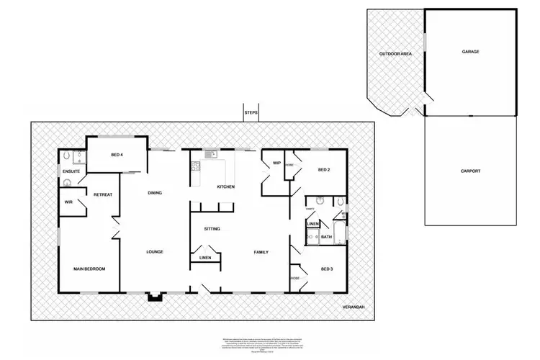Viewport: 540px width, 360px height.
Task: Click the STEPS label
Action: coord(251,113)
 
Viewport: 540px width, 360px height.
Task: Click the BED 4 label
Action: coord(117,155)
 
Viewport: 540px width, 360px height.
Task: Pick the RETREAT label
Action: coord(102,195)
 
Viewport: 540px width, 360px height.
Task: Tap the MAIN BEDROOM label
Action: coord(90,269)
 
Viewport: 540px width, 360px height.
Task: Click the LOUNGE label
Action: coord(154,251)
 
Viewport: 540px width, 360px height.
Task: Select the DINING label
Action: coord(154,192)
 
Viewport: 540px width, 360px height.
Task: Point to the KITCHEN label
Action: coord(227,187)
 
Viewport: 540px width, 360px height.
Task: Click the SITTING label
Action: coord(212,229)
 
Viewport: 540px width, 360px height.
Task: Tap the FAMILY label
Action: coord(261,251)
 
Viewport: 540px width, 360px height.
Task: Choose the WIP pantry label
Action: coord(276,163)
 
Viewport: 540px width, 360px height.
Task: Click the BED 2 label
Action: coord(323,170)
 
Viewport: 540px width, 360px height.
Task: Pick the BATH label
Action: coord(326,237)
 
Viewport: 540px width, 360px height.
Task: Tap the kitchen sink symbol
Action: coord(210,154)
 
